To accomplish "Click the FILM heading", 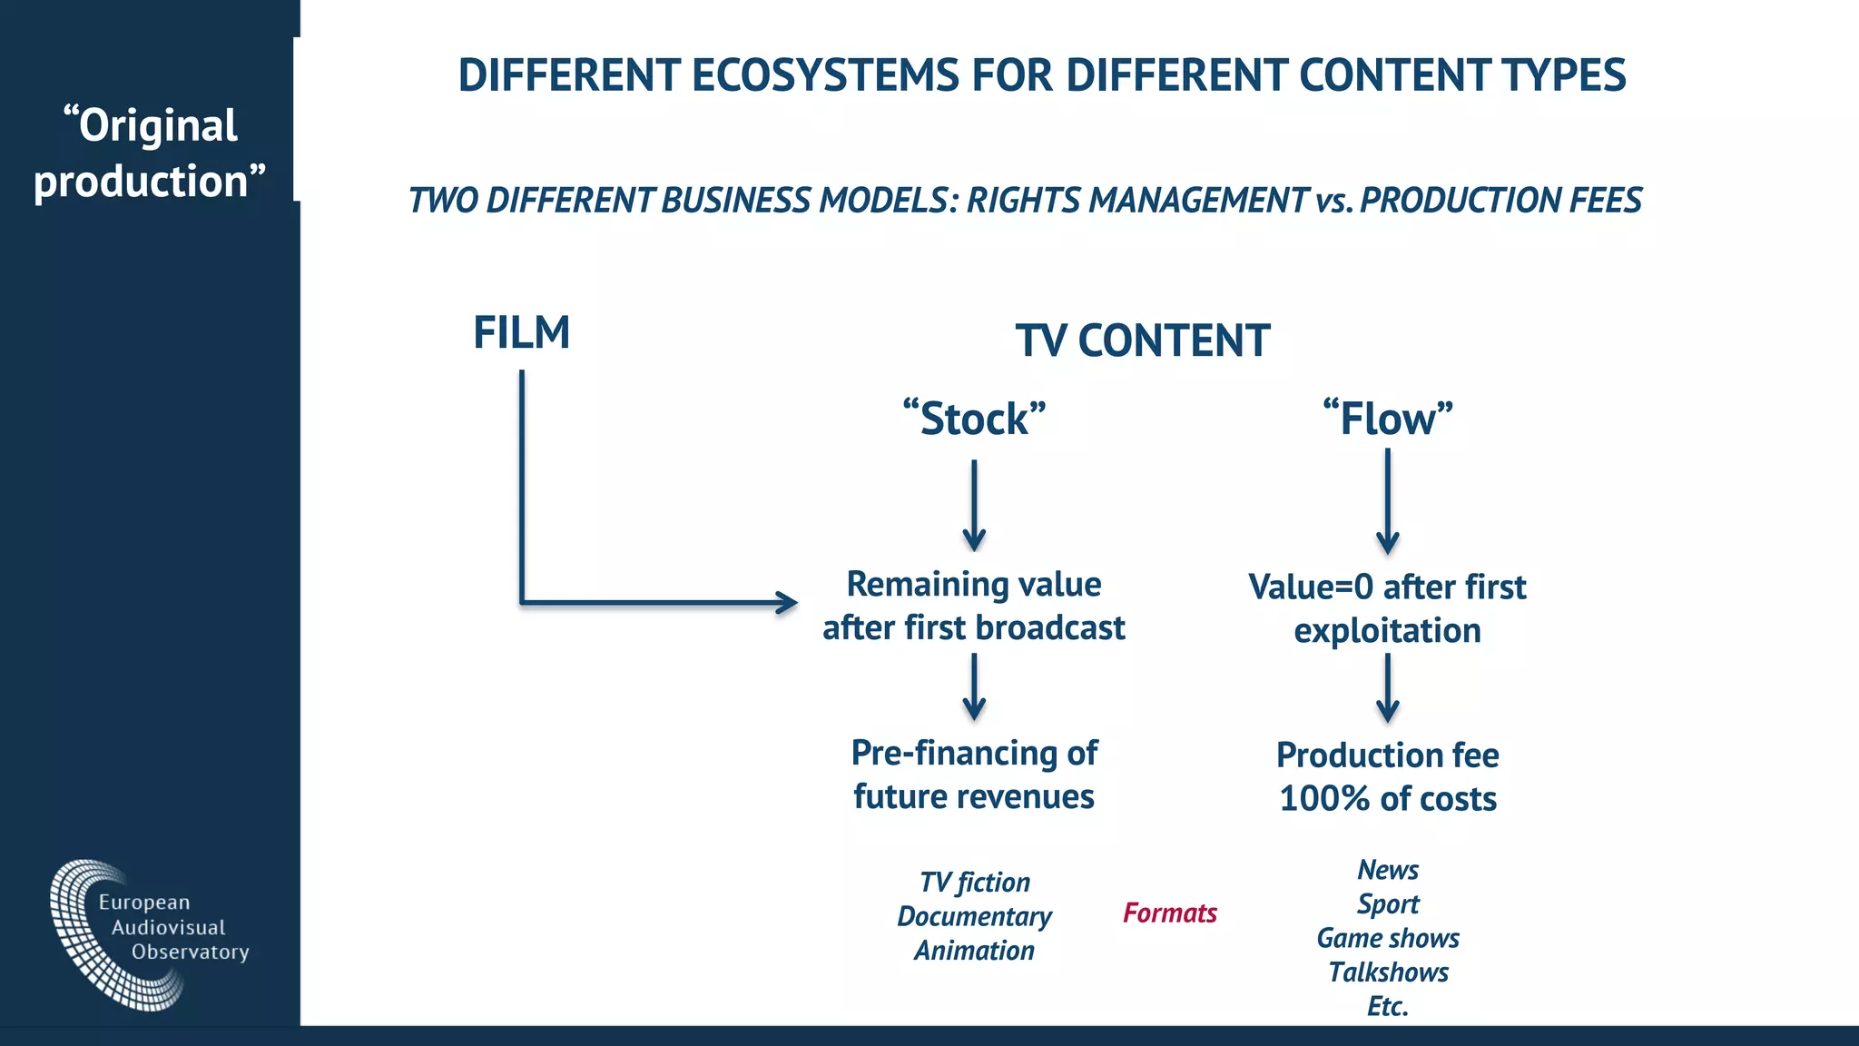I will [x=521, y=332].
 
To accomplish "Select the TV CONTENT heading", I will [x=1142, y=341].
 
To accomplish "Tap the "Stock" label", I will [x=974, y=419].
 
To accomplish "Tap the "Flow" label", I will [x=1387, y=419].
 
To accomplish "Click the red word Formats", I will [x=1169, y=913].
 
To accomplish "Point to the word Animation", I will [x=974, y=951].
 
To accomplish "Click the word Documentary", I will [x=974, y=916].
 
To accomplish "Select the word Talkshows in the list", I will [x=1388, y=972].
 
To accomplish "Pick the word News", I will [x=1388, y=870].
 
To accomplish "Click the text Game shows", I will [x=1388, y=938].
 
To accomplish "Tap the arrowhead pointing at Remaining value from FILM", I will [x=786, y=602].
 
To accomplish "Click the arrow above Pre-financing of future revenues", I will [x=974, y=687].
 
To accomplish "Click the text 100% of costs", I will [x=1387, y=799].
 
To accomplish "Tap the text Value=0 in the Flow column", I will [x=1311, y=587].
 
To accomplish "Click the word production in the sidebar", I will [x=142, y=182].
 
